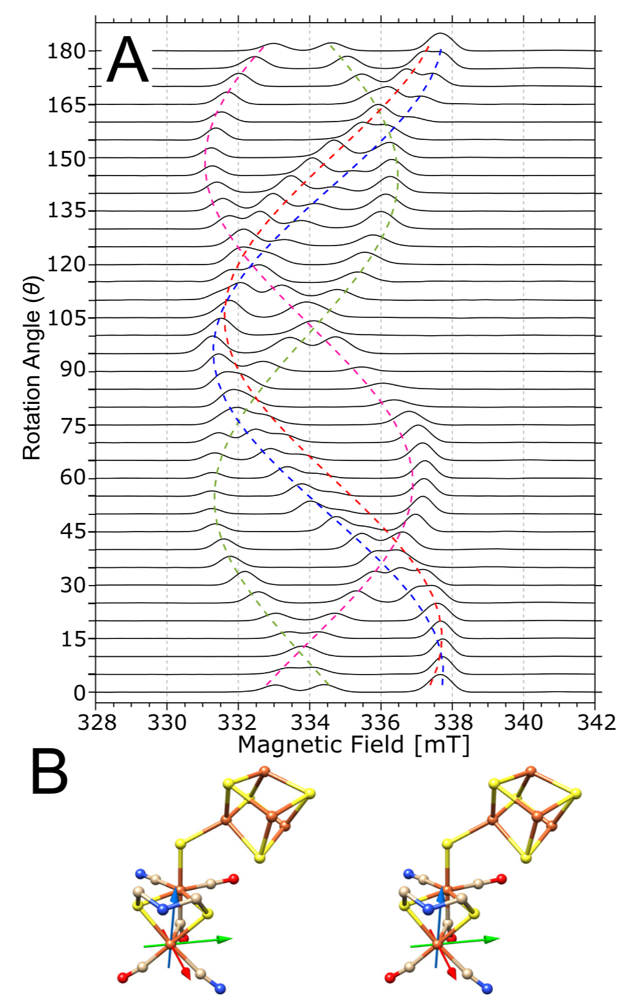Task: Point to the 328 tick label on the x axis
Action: [x=96, y=722]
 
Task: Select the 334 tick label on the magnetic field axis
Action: [x=309, y=722]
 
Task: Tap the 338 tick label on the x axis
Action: [x=452, y=722]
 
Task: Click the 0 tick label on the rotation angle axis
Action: [x=79, y=693]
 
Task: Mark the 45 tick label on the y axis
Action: [x=73, y=532]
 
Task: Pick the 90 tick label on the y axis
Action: [x=73, y=370]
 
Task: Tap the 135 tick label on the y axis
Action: [x=67, y=211]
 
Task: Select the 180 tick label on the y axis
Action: [x=66, y=51]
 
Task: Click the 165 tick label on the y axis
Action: [x=67, y=105]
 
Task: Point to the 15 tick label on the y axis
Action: [x=73, y=639]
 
